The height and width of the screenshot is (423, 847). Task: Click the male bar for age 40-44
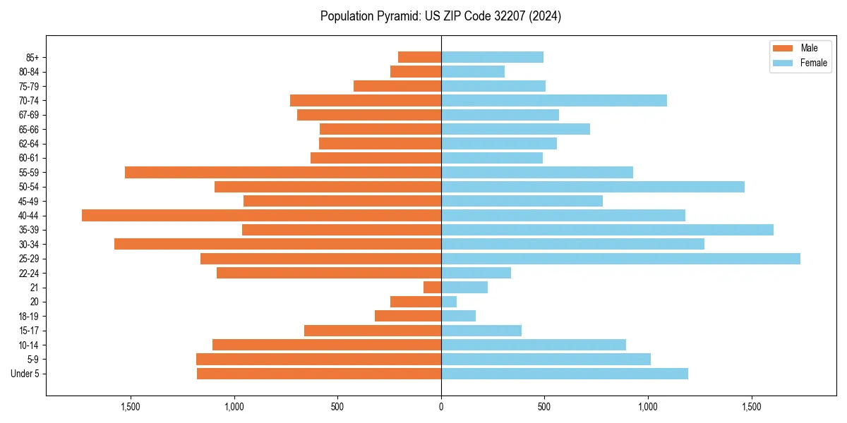coord(261,215)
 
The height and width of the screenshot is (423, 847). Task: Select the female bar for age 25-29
coord(620,259)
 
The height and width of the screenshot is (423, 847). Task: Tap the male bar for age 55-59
coord(283,172)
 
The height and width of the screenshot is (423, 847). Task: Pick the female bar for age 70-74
coord(554,100)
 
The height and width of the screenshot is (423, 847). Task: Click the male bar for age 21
coord(432,287)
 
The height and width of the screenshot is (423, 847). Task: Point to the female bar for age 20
coord(449,302)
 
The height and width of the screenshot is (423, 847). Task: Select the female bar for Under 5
coord(565,374)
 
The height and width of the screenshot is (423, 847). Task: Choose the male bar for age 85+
coord(419,57)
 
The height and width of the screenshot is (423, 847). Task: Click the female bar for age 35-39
coord(607,230)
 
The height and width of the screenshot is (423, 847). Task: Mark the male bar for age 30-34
coord(277,244)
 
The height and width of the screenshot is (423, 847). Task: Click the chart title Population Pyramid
coord(440,16)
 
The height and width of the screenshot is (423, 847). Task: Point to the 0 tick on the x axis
coord(441,407)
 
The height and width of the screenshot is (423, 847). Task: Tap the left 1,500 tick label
coord(131,407)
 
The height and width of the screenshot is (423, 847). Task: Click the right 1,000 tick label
coord(648,407)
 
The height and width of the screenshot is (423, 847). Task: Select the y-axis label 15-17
coord(29,331)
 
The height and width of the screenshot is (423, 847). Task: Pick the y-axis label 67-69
coord(29,115)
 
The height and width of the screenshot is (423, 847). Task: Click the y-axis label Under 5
coord(25,374)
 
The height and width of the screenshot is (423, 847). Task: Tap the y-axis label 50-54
coord(29,187)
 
